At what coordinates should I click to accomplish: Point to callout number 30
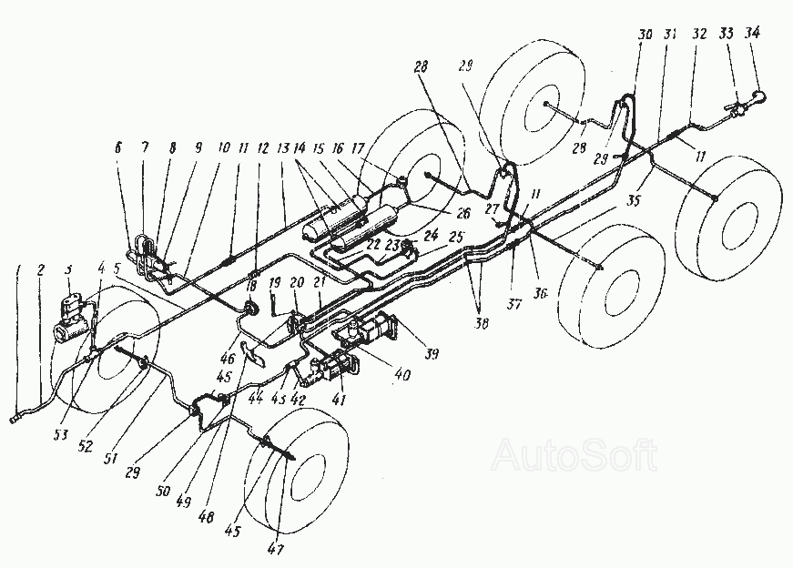[645, 35]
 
